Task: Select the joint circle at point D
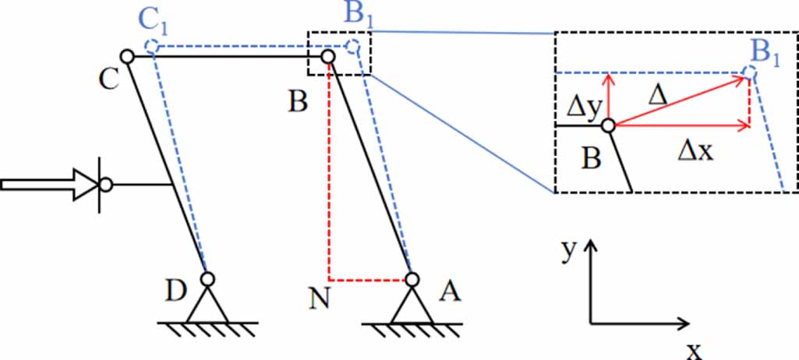tap(207, 278)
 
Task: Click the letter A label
tap(449, 291)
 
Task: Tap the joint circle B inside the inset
tap(608, 125)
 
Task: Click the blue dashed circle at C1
tap(153, 47)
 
